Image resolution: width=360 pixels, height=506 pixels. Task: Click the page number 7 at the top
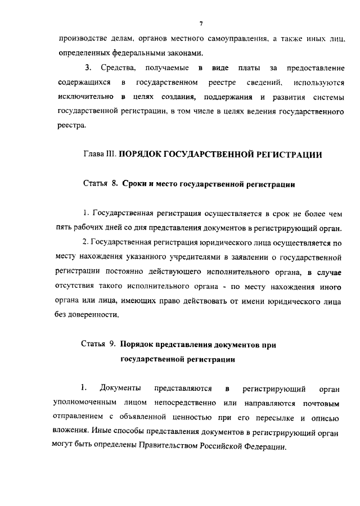pyautogui.click(x=200, y=23)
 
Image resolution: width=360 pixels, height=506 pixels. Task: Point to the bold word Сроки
pyautogui.click(x=135, y=184)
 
